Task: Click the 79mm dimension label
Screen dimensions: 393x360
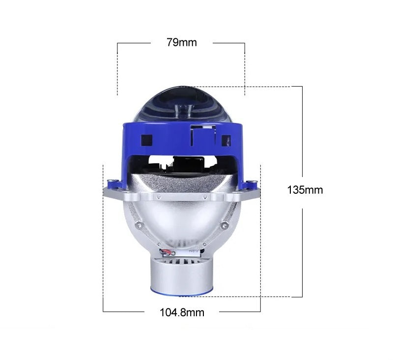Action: (x=182, y=42)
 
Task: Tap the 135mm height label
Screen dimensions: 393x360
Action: (x=305, y=190)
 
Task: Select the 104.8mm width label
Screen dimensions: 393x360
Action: (x=182, y=312)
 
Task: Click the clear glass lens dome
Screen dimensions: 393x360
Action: (x=183, y=105)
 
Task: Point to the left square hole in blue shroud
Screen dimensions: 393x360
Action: (x=146, y=140)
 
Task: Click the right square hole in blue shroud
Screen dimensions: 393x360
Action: (x=226, y=141)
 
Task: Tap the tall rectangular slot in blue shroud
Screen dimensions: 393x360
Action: (x=203, y=136)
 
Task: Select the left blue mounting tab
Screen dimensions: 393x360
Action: (x=115, y=184)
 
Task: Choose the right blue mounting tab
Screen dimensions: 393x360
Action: (x=251, y=185)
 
